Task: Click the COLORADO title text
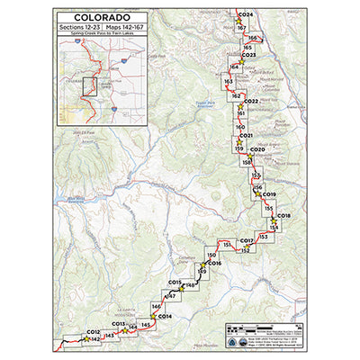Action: tap(102, 17)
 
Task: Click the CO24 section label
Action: tap(246, 15)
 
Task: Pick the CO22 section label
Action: tap(251, 101)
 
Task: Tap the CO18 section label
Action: tap(283, 216)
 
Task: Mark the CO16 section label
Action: tap(214, 263)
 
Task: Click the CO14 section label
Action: tap(165, 316)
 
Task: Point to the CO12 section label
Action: tap(93, 331)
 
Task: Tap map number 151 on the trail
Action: tap(228, 244)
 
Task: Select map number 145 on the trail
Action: tap(146, 324)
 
